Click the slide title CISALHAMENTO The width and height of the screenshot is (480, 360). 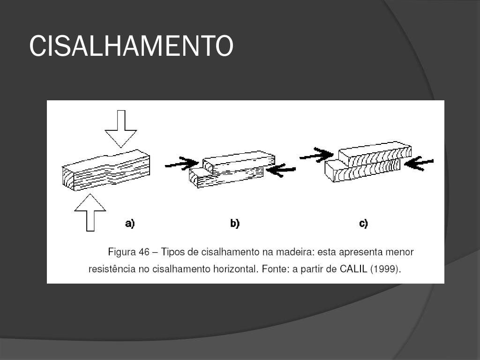[131, 46]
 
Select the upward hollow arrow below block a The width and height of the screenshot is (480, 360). [90, 213]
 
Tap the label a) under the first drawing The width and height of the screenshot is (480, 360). [130, 224]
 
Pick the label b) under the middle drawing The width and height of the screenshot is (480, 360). [235, 224]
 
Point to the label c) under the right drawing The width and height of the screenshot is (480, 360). [363, 224]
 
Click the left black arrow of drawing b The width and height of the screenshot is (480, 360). [183, 164]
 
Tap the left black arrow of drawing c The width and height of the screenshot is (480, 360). [316, 154]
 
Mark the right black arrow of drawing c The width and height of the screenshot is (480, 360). [419, 163]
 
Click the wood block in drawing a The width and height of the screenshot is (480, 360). [107, 170]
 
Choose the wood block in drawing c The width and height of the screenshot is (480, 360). [368, 163]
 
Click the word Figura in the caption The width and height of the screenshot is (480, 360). [122, 252]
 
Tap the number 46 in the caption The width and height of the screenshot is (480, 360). [144, 252]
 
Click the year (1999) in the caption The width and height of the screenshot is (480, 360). [386, 270]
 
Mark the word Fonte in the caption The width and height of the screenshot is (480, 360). [276, 270]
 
